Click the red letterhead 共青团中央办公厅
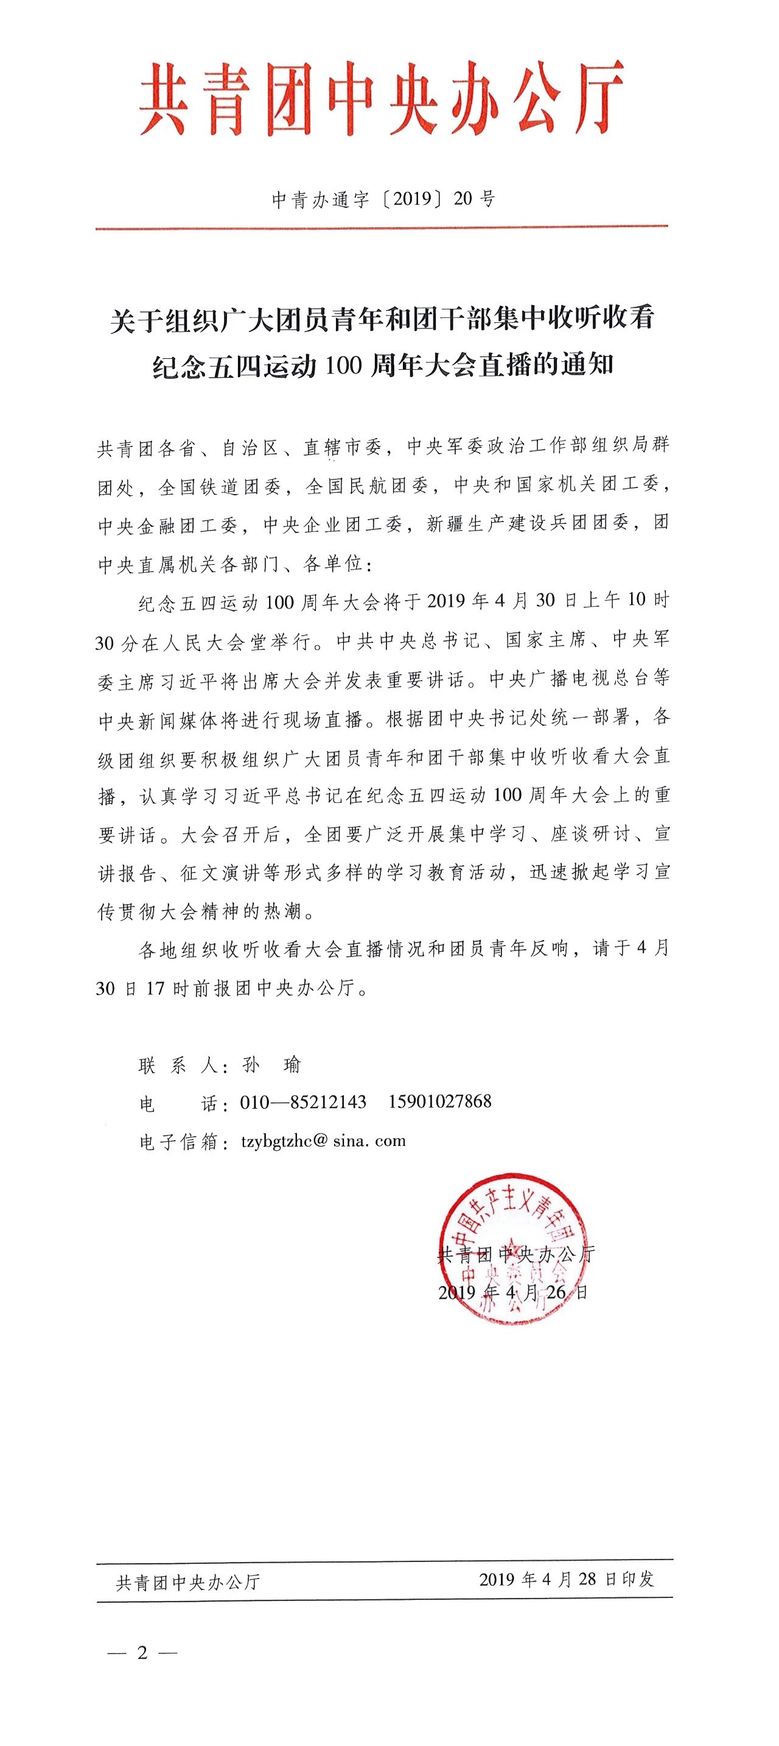[x=381, y=99]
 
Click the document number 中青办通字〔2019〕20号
[x=383, y=199]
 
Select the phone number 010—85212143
[x=303, y=1102]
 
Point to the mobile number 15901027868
[x=439, y=1101]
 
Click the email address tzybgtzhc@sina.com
[x=323, y=1140]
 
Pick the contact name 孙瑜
[x=271, y=1065]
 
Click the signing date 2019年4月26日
[x=513, y=1292]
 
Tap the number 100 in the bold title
[x=343, y=366]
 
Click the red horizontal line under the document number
[x=382, y=227]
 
